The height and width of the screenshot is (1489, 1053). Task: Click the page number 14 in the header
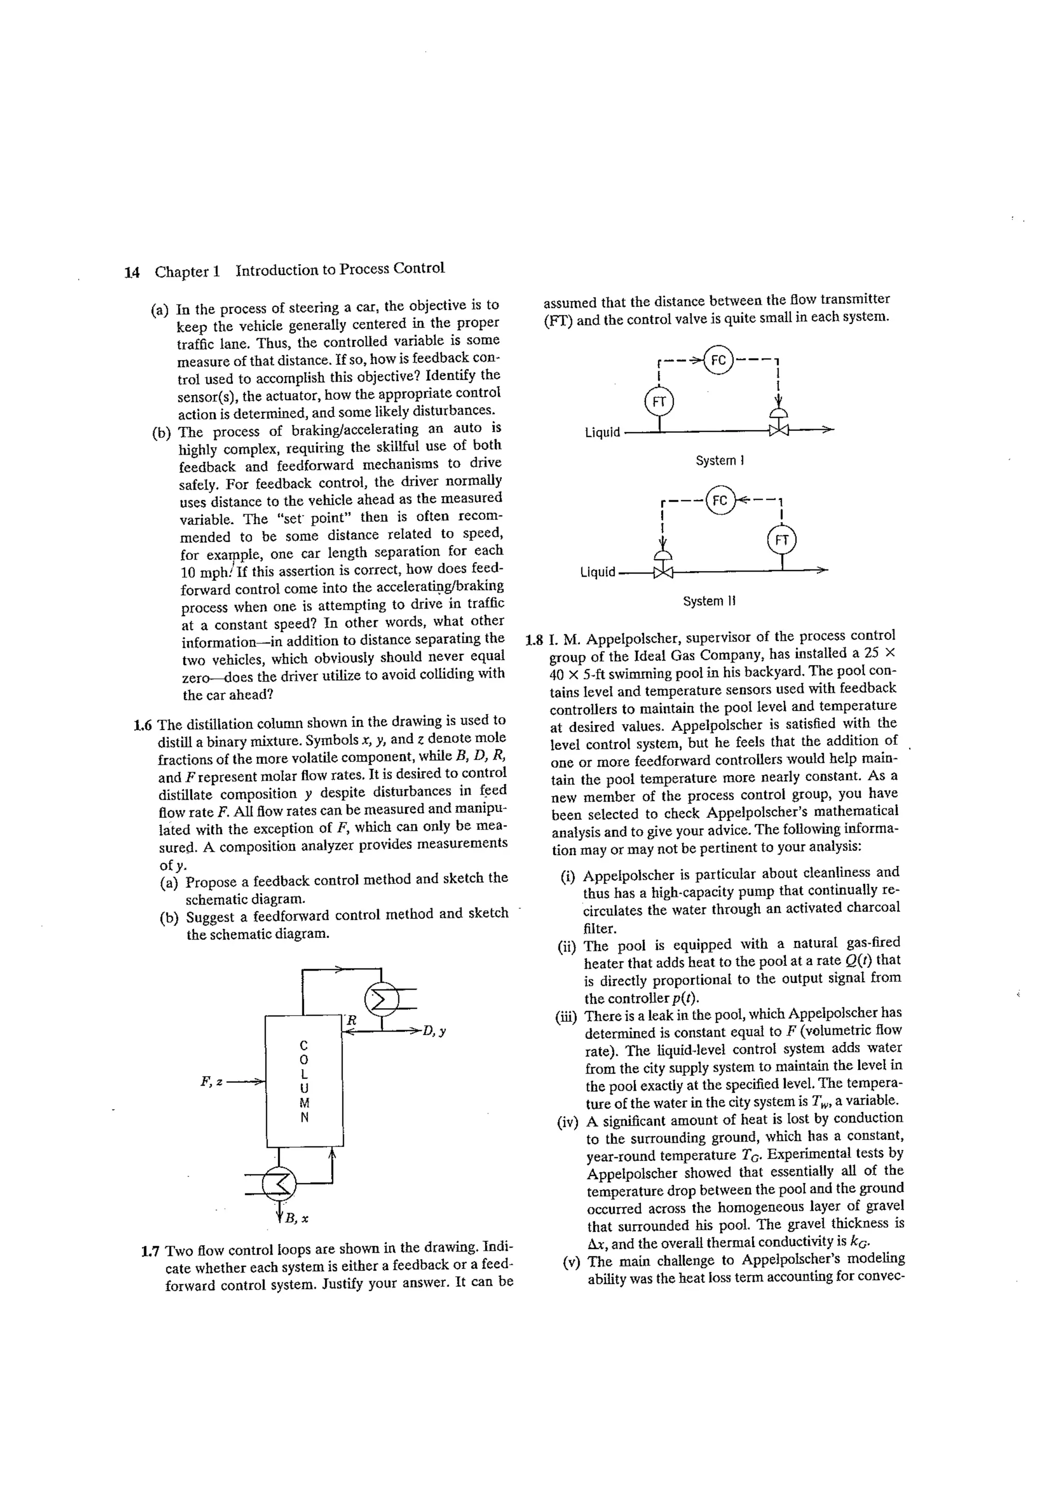(132, 272)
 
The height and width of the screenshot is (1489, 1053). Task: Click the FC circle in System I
(718, 360)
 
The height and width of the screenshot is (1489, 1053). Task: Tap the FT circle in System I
(659, 401)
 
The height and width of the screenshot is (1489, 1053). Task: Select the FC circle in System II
(719, 500)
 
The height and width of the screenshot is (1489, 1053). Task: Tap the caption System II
(709, 601)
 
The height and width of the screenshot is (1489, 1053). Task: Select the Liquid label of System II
(597, 572)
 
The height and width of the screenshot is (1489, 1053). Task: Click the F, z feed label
(211, 1081)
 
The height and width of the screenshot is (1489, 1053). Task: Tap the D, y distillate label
(434, 1031)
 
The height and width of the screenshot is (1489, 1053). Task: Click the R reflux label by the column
(351, 1020)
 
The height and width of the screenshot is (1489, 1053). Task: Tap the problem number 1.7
(151, 1251)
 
